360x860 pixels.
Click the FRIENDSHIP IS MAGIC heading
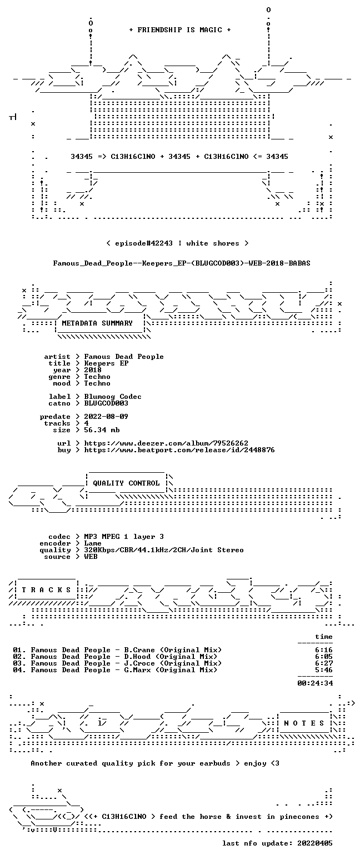(180, 30)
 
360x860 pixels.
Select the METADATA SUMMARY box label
(97, 323)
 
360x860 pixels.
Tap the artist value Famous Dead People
(124, 357)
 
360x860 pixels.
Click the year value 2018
(93, 370)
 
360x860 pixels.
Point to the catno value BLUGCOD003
(106, 403)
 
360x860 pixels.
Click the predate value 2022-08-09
(106, 417)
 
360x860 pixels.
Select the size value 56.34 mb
(102, 430)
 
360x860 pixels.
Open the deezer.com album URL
(166, 443)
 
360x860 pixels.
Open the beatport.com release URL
(179, 450)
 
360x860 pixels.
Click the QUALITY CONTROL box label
(126, 483)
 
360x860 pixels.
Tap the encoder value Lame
(93, 543)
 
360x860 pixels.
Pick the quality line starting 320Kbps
(164, 550)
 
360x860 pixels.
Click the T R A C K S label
(47, 589)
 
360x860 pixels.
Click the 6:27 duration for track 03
(324, 663)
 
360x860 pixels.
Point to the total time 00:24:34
(315, 683)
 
